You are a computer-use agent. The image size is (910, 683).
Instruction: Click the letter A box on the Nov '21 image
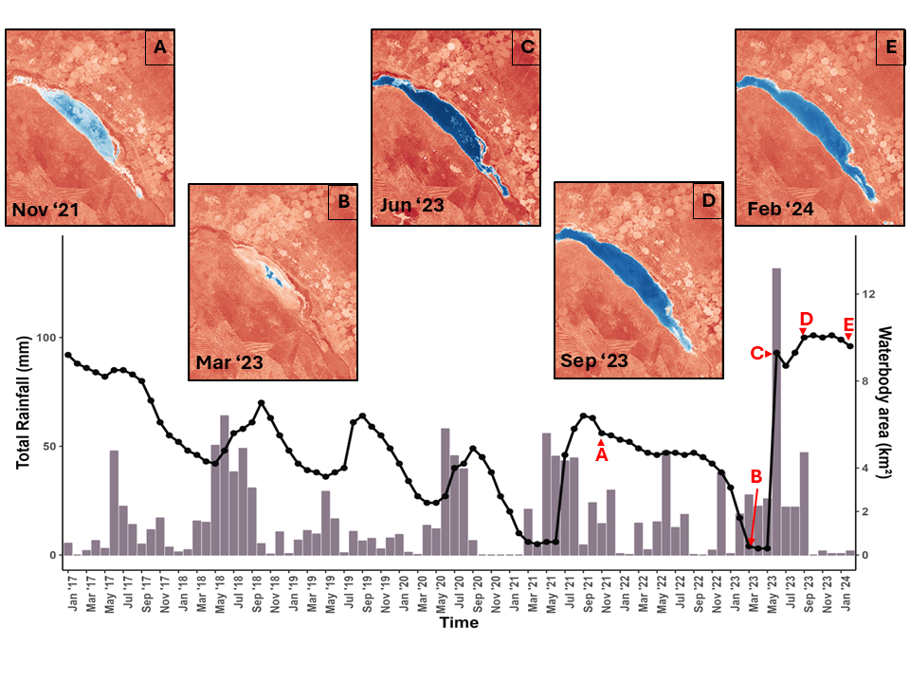click(x=160, y=47)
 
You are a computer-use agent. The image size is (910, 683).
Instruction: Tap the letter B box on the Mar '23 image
click(x=343, y=202)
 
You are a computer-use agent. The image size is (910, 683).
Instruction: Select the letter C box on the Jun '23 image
click(x=527, y=47)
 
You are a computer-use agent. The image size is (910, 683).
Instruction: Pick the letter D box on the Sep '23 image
click(x=709, y=202)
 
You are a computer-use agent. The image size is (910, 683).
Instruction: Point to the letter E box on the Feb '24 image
click(x=891, y=47)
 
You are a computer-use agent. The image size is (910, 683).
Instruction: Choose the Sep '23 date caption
click(x=592, y=361)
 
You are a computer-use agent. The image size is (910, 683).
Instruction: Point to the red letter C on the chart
click(x=756, y=353)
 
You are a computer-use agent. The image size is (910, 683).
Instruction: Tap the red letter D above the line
click(x=807, y=318)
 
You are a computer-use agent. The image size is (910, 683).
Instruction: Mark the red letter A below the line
click(x=601, y=455)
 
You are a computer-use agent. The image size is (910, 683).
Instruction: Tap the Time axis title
click(x=458, y=623)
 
